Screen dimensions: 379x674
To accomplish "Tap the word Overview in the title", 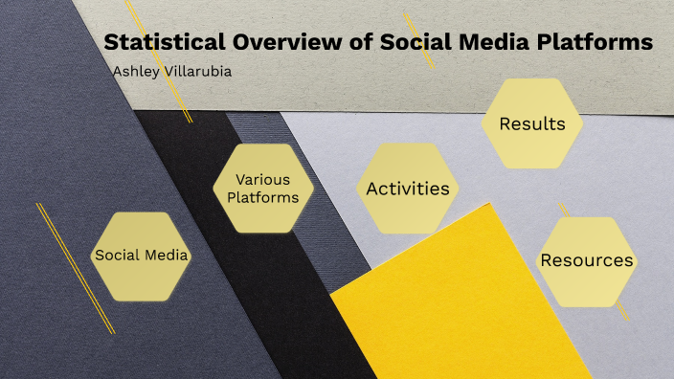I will pos(273,43).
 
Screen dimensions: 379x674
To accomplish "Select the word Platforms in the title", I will pos(594,43).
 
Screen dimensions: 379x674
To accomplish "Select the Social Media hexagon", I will pos(141,256).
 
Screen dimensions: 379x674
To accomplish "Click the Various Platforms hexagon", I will pos(262,189).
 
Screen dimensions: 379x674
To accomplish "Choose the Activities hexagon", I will pos(408,189).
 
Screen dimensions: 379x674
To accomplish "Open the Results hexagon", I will pos(532,123).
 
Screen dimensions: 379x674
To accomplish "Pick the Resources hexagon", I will pos(587,260).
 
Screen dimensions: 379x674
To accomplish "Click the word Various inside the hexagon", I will pos(262,180).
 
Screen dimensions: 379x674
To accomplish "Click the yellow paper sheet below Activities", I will pos(431,306).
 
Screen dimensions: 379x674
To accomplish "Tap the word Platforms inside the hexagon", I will pos(262,198).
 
